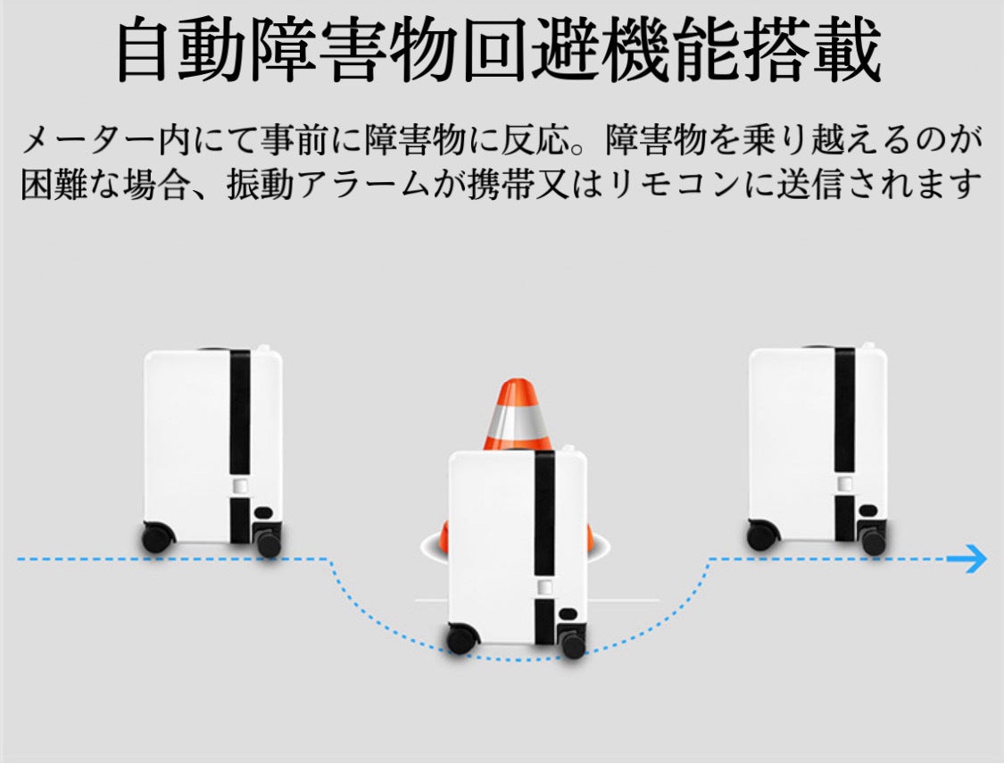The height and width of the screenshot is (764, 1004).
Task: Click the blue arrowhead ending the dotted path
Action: pos(978,559)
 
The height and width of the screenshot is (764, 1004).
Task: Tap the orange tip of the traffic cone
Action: pos(518,386)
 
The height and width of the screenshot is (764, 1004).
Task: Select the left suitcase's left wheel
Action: pos(158,538)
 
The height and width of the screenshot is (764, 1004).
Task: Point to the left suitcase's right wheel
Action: pos(269,544)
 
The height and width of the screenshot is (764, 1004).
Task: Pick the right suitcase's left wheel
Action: pos(763,536)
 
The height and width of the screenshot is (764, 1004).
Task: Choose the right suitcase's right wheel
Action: pos(874,542)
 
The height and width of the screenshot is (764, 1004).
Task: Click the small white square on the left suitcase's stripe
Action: pos(240,486)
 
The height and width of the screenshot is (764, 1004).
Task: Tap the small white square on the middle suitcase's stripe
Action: pos(545,587)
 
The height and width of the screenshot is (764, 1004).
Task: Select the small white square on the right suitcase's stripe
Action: pos(845,484)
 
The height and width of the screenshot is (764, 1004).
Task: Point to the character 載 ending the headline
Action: pos(848,50)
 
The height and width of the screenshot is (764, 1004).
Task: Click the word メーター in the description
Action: pos(89,140)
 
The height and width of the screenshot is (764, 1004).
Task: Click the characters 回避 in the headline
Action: pos(532,50)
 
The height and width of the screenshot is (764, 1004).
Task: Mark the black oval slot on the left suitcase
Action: pos(263,512)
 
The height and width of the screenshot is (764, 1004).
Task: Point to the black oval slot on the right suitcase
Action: pos(867,511)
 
